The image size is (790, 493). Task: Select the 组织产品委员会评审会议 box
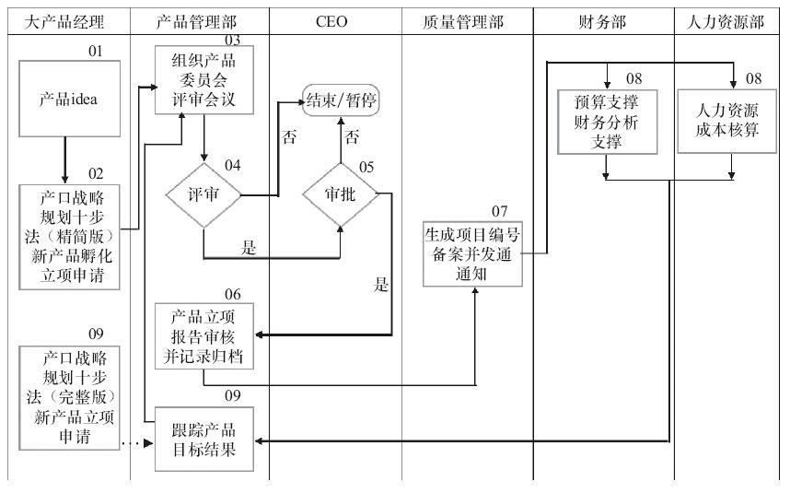[203, 81]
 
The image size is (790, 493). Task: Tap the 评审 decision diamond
[203, 195]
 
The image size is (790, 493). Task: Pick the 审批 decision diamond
[340, 195]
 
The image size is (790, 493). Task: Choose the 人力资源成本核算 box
[732, 120]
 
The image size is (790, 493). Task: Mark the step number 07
[501, 211]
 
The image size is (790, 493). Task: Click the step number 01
[97, 52]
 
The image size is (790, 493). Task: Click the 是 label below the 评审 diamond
[249, 247]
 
